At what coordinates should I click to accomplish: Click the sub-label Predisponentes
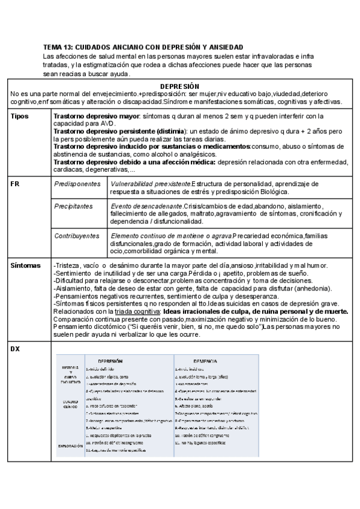(x=78, y=184)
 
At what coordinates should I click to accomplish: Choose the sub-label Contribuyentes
(x=77, y=236)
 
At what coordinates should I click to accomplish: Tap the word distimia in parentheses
(x=170, y=131)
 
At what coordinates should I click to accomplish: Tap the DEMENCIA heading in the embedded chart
(x=204, y=361)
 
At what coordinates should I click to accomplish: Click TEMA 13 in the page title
(x=61, y=47)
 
